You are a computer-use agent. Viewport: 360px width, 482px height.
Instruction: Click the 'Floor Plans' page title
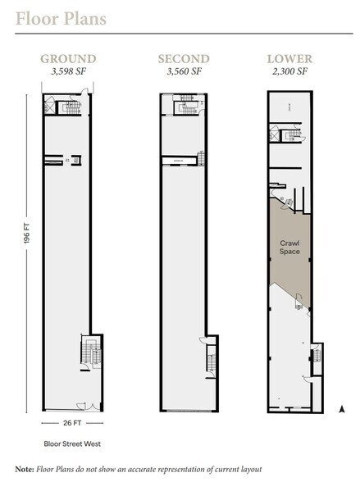click(59, 18)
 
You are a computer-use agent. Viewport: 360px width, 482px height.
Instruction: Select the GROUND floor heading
click(69, 59)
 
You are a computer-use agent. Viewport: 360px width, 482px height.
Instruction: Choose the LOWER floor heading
click(288, 59)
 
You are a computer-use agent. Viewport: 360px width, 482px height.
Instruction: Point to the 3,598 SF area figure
click(69, 71)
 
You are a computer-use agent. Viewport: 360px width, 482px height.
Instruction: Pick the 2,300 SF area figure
click(288, 71)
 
